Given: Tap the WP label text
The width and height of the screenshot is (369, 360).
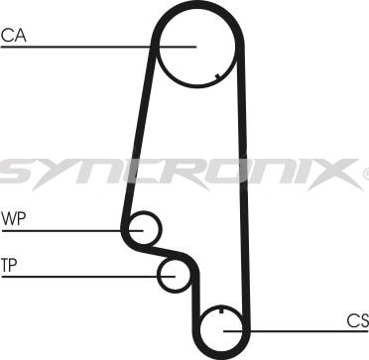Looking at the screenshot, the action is (14, 217).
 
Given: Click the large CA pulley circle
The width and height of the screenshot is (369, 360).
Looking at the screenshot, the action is (198, 46).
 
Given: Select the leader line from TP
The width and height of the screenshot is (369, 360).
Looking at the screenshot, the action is (79, 276).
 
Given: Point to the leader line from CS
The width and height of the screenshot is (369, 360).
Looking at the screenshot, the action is (298, 331).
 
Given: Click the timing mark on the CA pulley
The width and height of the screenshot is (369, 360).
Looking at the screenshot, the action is (217, 77).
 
